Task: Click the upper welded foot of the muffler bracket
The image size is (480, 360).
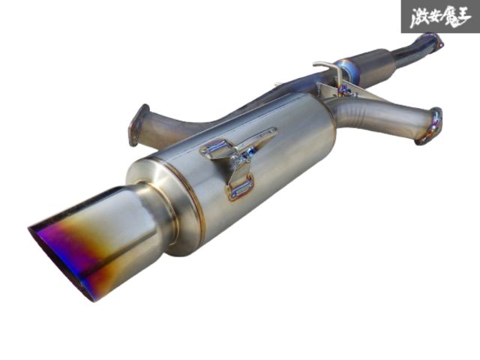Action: (215, 149)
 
